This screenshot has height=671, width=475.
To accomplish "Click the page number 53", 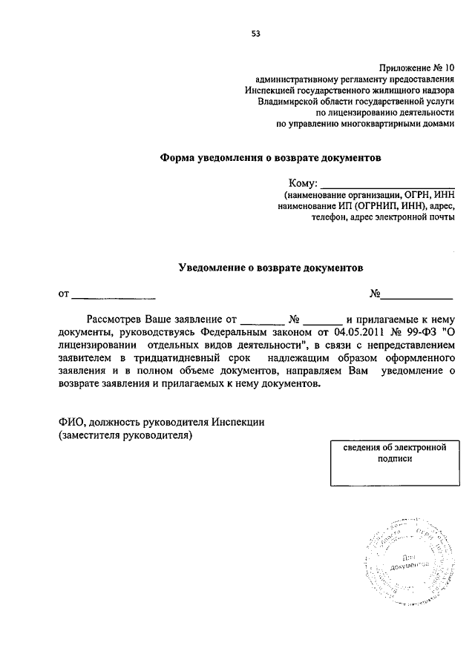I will click(x=256, y=33).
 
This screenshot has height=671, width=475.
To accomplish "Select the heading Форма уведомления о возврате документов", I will click(x=271, y=157).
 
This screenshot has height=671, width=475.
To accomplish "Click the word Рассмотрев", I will click(x=114, y=320).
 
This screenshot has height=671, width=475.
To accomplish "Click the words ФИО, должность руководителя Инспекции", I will click(x=161, y=422).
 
